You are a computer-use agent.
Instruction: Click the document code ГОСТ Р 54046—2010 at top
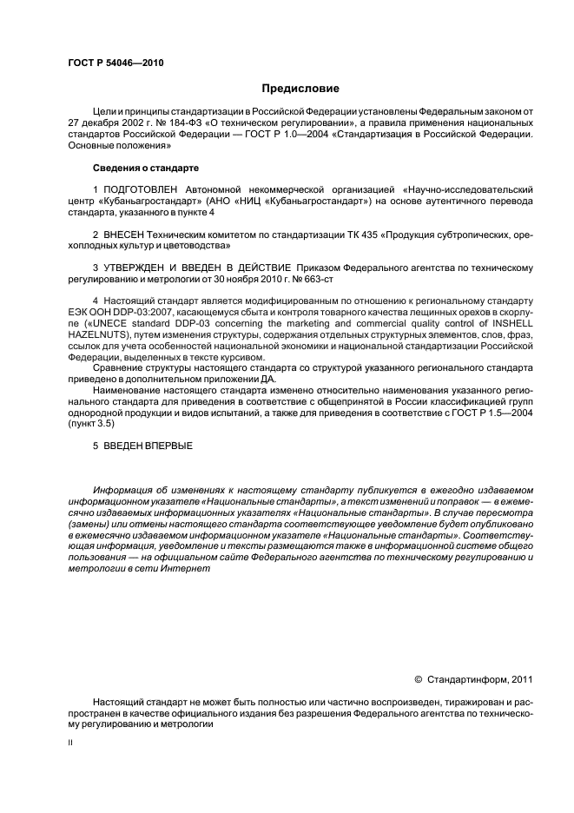115,64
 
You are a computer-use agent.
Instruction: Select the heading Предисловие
300,89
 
